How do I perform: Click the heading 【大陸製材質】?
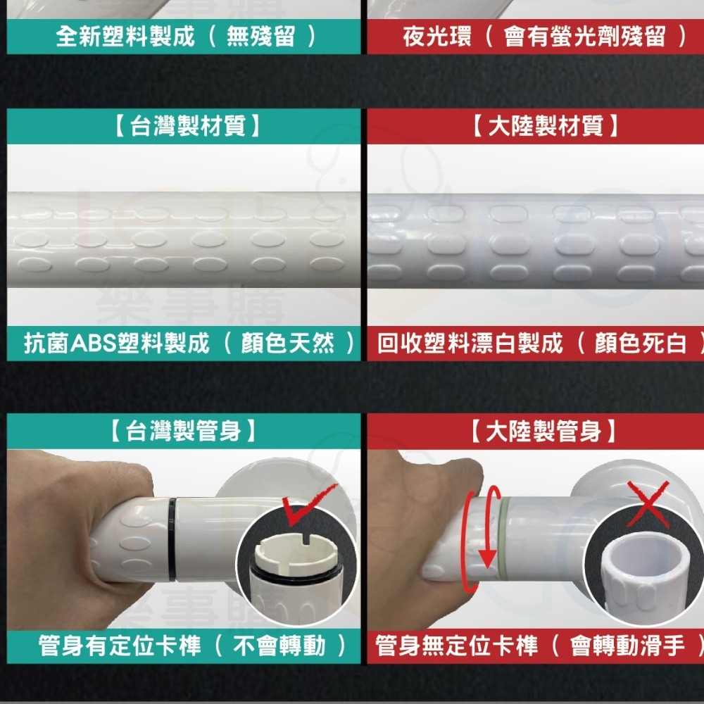click(x=545, y=126)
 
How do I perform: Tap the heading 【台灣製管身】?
click(x=183, y=431)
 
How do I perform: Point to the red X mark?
click(x=648, y=503)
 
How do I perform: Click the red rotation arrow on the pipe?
click(x=483, y=539)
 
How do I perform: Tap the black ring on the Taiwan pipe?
click(x=172, y=539)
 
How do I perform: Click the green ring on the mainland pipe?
click(x=505, y=539)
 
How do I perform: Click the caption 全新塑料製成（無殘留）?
click(x=187, y=37)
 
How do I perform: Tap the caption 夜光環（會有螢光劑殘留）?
click(x=545, y=37)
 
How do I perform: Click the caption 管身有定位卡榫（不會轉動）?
click(x=193, y=646)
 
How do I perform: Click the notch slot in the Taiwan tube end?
click(x=306, y=536)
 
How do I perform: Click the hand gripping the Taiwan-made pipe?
click(x=76, y=530)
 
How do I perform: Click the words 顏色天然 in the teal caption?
click(x=288, y=344)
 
